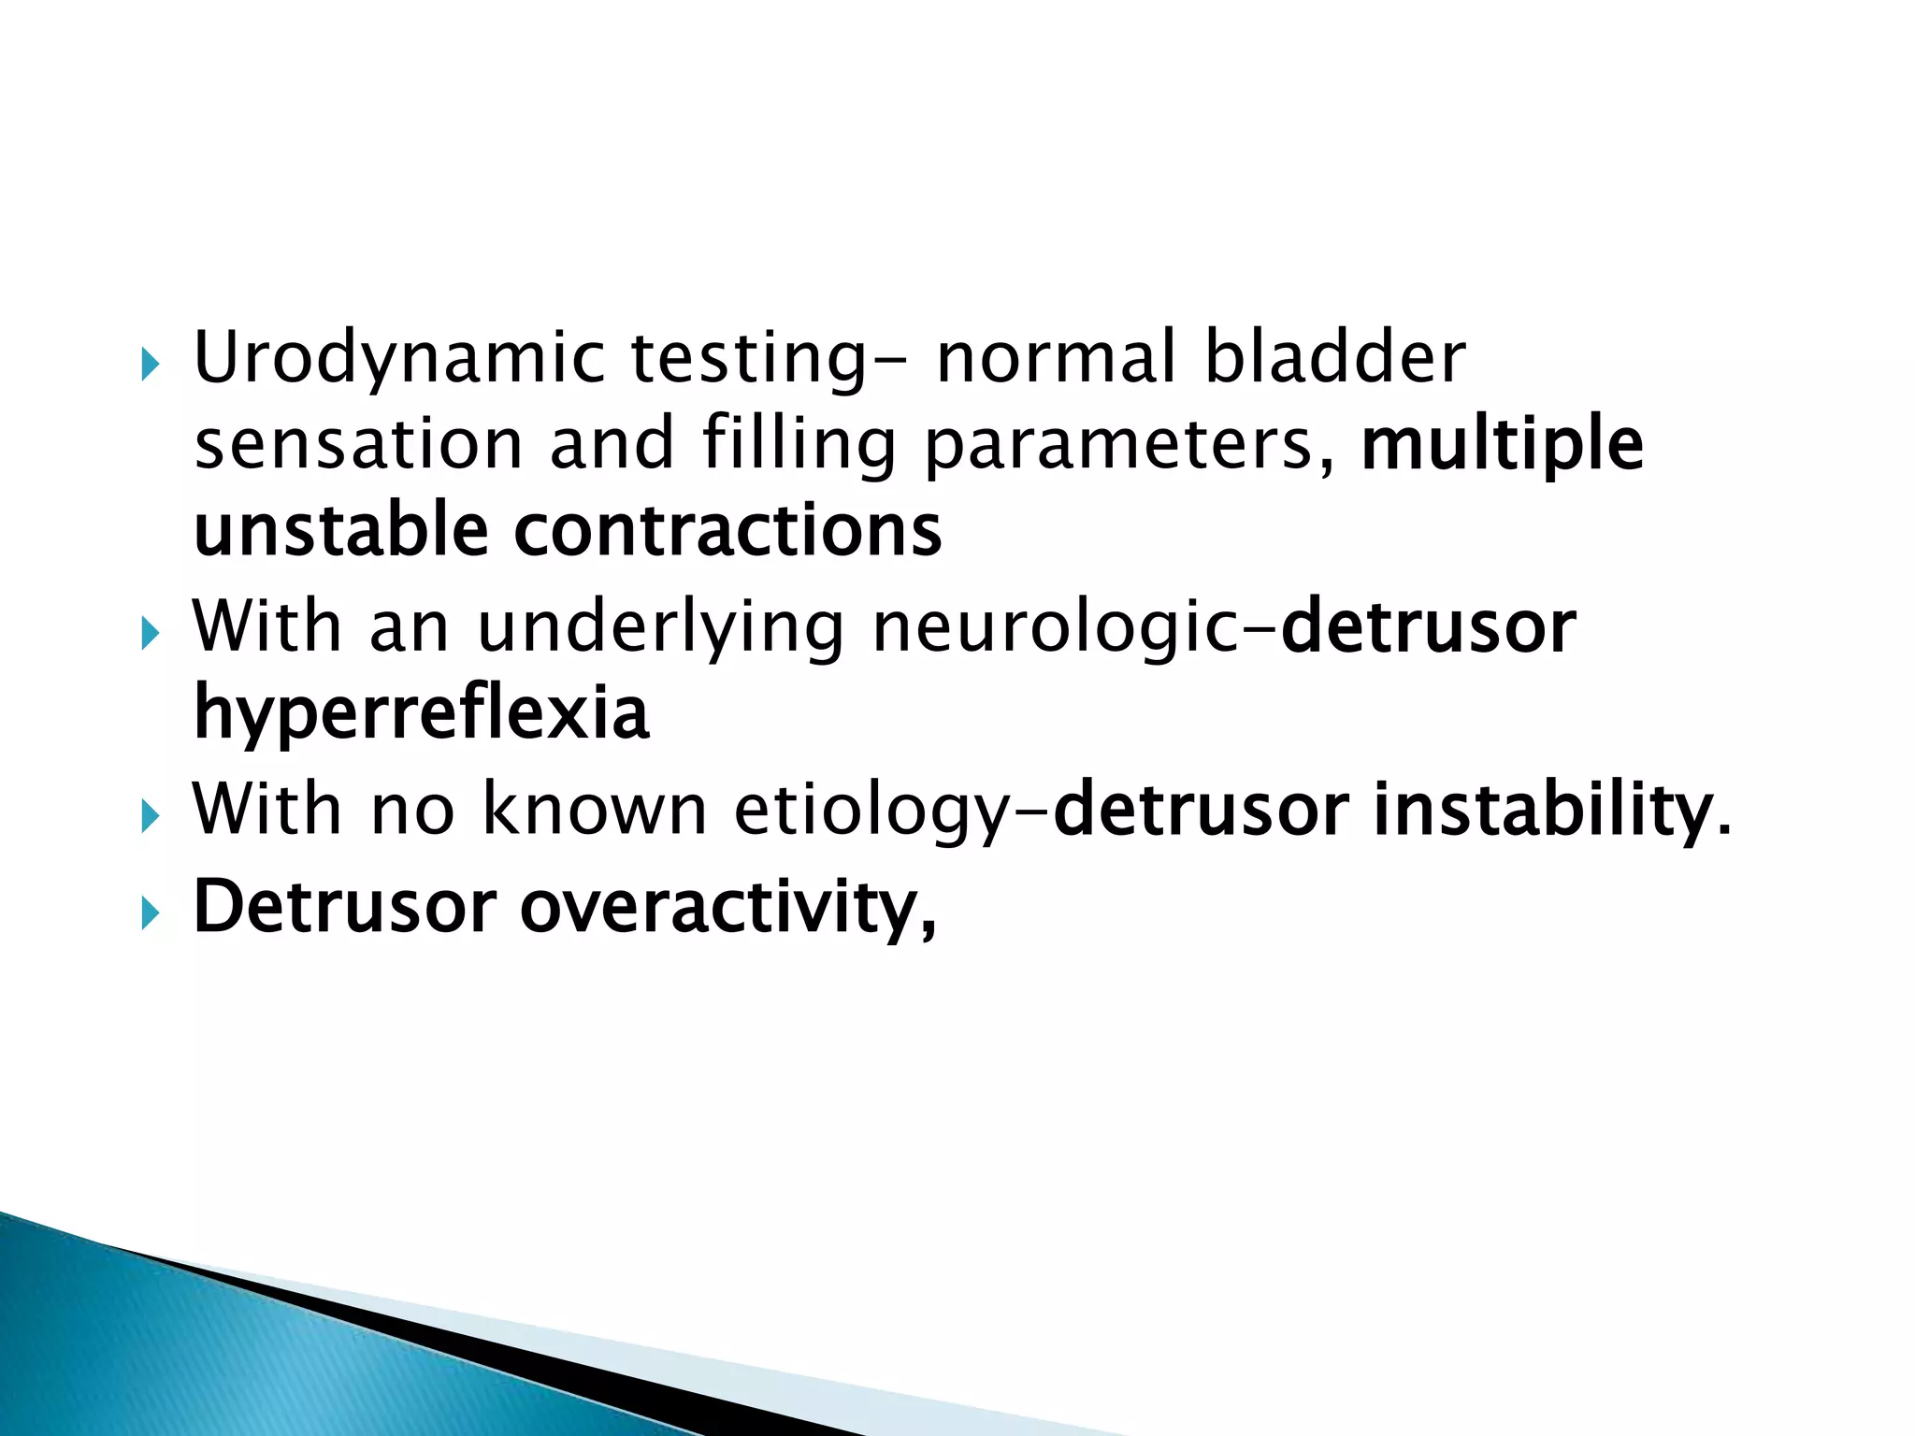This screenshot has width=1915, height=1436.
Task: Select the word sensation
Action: (358, 444)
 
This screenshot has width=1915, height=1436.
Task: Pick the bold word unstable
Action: (341, 529)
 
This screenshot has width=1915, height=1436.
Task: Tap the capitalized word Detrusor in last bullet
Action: (344, 906)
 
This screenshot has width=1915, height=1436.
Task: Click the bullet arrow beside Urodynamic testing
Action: (151, 365)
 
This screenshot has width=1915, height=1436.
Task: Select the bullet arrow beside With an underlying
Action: (151, 635)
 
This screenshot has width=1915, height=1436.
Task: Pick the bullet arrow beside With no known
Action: (151, 817)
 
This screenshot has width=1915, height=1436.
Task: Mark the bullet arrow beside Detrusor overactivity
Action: (151, 913)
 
